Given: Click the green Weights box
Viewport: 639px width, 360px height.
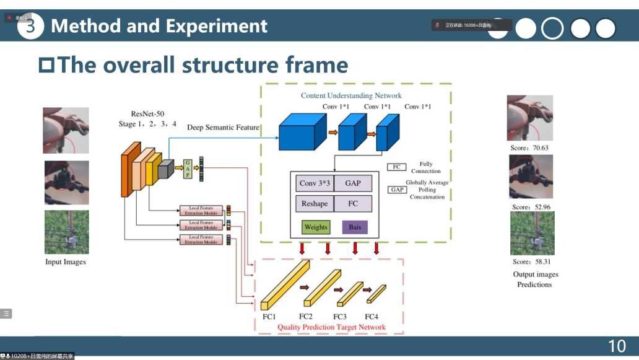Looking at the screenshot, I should click(316, 227).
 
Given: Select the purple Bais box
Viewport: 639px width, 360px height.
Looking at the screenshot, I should click(355, 227).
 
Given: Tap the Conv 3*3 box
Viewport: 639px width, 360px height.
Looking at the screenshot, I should click(314, 183).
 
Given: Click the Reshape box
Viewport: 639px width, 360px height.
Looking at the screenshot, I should click(314, 204).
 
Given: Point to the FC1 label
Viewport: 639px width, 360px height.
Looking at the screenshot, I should click(269, 317).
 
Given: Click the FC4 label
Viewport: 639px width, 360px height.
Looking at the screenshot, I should click(372, 317).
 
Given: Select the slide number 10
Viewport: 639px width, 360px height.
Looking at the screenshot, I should click(617, 346).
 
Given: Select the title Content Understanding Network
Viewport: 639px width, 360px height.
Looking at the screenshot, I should click(351, 95).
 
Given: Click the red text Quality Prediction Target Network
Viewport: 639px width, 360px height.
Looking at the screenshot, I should click(331, 327).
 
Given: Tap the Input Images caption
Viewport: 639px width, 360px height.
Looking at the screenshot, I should click(66, 262).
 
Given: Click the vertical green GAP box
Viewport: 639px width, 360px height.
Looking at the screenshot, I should click(187, 168).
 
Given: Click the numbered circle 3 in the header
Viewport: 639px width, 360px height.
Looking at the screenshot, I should click(30, 26).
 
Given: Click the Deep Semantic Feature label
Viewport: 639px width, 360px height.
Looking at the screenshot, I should click(223, 127).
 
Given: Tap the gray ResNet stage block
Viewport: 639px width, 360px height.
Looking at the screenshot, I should click(165, 170).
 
